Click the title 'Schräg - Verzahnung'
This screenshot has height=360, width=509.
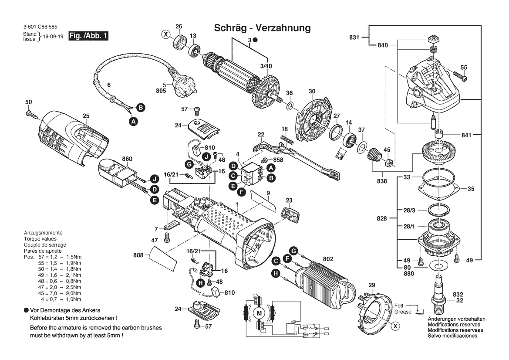[262, 28]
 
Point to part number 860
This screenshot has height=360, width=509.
[127, 160]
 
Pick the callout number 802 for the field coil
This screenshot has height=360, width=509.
[328, 259]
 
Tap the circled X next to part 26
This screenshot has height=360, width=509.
[166, 34]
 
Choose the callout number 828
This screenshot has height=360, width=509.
[381, 218]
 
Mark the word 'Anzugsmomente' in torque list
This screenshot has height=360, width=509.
[43, 233]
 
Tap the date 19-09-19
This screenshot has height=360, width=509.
[53, 37]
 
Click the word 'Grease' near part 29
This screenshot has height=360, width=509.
[403, 312]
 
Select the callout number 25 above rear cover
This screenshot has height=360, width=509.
[86, 116]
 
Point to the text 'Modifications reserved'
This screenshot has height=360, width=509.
[454, 325]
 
